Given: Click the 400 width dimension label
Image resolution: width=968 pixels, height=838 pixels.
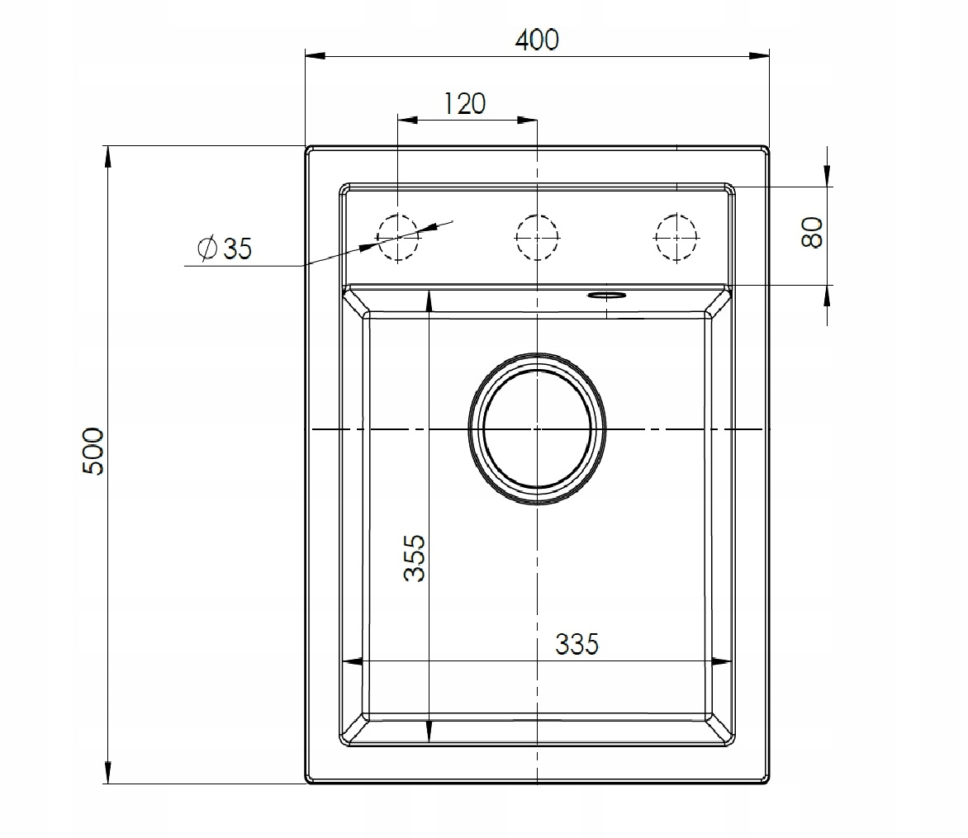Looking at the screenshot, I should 536,39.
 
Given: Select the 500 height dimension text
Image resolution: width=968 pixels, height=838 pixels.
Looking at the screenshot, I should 93,451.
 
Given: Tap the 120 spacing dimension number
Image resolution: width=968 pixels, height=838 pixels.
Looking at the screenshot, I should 464,104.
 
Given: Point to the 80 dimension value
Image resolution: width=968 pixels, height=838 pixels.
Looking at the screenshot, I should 812,232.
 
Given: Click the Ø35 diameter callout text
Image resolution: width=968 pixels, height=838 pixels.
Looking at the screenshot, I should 225,249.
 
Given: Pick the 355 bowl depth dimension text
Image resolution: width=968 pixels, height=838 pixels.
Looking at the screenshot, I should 415,558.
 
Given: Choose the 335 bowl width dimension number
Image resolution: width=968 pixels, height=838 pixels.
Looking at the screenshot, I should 577,644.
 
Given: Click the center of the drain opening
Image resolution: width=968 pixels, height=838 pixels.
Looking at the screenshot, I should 537,429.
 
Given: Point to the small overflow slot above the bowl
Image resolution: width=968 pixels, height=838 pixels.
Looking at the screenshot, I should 607,294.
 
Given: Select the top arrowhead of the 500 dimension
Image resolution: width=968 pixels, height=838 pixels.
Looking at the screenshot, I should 107,157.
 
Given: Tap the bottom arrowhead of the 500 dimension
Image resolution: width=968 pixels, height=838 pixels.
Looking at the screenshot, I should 107,773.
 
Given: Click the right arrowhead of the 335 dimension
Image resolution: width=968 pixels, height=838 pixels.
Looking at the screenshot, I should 723,661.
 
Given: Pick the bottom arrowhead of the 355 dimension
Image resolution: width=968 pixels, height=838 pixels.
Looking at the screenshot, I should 429,731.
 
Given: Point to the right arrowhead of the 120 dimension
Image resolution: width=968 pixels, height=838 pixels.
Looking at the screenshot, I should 527,120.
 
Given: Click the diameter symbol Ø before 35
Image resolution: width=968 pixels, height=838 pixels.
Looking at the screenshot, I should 207,249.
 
